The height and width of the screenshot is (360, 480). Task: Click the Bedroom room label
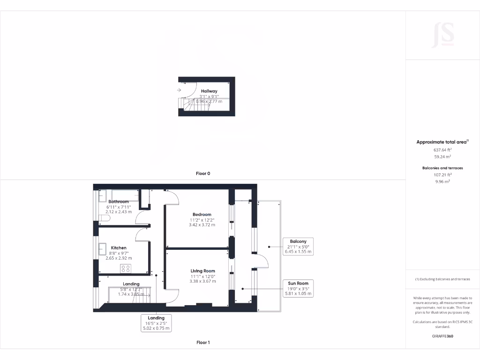(x=202, y=215)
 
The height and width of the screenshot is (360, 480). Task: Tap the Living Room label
(x=202, y=271)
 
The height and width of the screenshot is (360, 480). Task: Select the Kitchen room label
(x=119, y=248)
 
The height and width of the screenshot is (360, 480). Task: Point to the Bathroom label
(x=119, y=202)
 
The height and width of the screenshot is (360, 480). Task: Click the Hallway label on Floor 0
(x=209, y=91)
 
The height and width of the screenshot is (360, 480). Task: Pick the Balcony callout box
(x=298, y=247)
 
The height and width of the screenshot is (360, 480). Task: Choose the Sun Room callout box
(x=298, y=288)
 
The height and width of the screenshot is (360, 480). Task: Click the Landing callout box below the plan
(x=157, y=323)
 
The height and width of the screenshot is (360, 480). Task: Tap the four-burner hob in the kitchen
(x=126, y=269)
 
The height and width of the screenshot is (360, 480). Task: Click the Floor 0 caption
(x=203, y=173)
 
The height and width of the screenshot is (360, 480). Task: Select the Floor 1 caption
(x=203, y=343)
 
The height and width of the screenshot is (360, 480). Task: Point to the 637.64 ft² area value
(x=442, y=150)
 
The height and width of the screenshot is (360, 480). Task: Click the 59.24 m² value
(x=442, y=157)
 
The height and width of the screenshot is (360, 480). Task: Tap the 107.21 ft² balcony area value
(x=442, y=174)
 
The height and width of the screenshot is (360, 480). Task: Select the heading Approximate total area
(x=442, y=142)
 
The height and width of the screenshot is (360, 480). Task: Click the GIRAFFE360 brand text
(x=442, y=336)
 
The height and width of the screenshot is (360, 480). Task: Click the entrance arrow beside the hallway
(x=180, y=90)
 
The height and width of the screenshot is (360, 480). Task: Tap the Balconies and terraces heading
(x=442, y=167)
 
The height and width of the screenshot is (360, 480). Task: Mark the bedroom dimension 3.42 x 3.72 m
(x=202, y=225)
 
